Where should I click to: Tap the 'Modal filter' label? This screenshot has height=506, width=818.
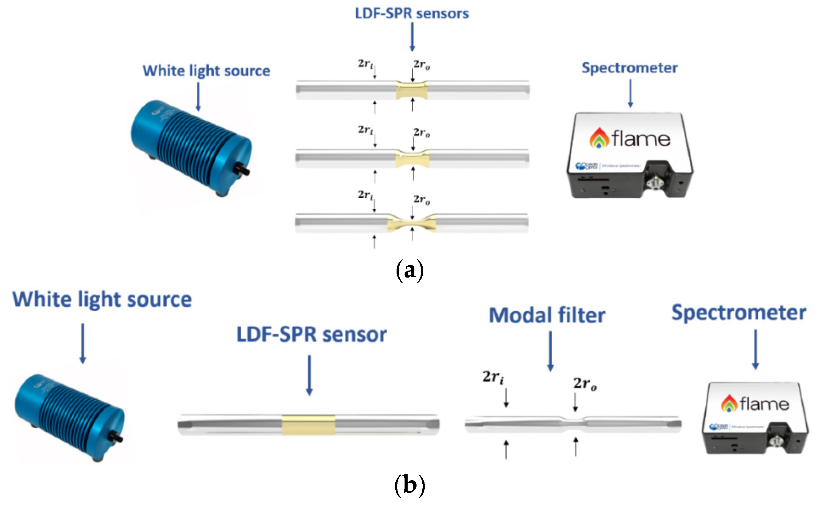[547, 315]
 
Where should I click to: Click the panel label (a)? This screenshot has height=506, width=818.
[409, 271]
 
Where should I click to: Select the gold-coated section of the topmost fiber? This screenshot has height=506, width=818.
[412, 90]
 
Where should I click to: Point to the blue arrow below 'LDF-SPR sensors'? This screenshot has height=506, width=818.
[412, 37]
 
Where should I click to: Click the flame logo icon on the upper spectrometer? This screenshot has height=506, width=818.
[599, 138]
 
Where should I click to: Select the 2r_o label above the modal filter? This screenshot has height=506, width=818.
[585, 383]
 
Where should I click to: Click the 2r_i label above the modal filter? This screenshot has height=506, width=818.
[493, 377]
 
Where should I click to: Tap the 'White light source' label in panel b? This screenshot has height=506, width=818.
[102, 299]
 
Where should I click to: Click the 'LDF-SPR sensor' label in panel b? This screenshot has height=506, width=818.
[312, 334]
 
